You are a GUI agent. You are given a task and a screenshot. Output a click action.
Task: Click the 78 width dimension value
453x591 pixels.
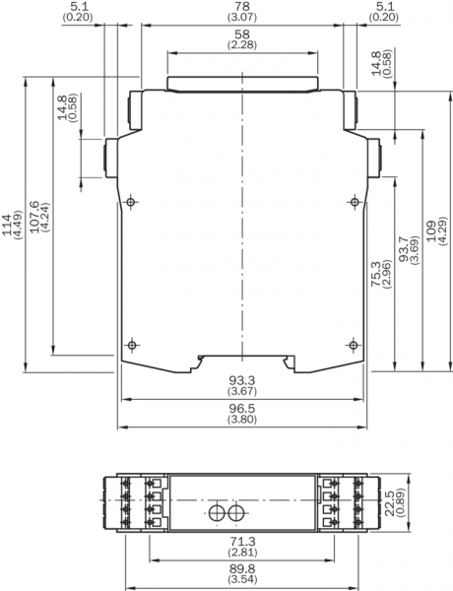click(242, 7)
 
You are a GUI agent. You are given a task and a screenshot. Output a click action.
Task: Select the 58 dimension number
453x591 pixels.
click(242, 34)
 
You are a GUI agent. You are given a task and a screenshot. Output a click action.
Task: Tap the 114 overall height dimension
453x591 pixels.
click(7, 225)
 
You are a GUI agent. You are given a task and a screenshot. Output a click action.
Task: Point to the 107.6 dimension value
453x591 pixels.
click(34, 217)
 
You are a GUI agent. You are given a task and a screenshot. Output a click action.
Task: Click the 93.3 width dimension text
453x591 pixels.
click(242, 380)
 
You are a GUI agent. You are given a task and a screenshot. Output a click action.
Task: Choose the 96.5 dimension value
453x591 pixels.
click(242, 409)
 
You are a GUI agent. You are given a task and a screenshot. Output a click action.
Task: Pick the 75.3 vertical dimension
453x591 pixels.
click(376, 273)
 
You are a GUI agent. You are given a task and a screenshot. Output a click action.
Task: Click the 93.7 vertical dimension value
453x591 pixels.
click(404, 249)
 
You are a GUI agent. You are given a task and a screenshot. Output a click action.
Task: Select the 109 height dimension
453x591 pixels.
click(431, 231)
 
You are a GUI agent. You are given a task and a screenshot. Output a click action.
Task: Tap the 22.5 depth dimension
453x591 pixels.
click(390, 502)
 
